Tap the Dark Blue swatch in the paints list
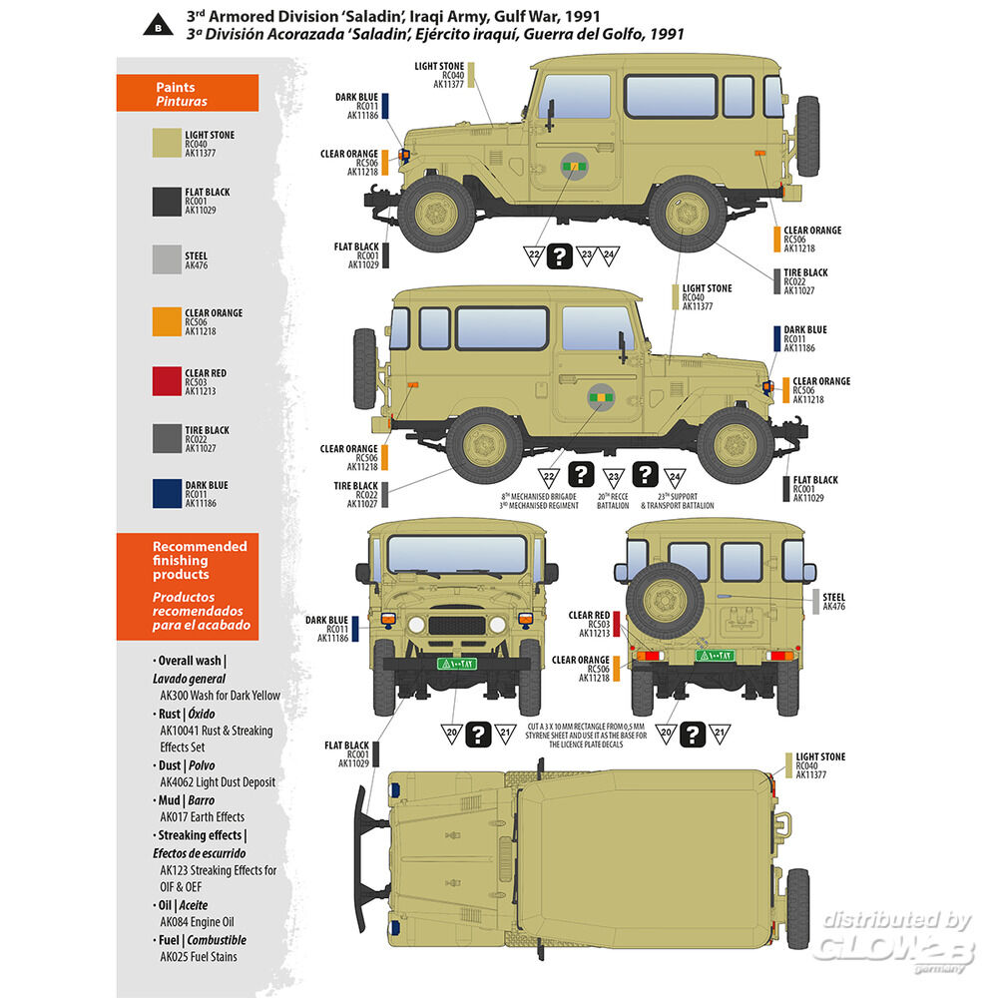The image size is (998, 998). click(x=166, y=494)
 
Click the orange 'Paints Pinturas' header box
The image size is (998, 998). click(x=188, y=94)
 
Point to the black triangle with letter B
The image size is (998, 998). click(x=158, y=24)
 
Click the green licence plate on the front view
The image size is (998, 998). click(x=455, y=664)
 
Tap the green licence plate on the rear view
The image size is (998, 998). click(x=715, y=656)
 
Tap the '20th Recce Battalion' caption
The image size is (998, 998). click(x=614, y=501)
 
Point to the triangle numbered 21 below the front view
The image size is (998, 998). click(x=507, y=734)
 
